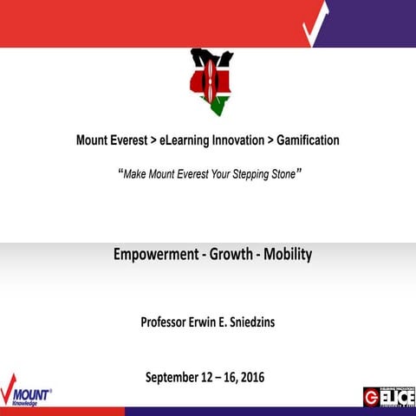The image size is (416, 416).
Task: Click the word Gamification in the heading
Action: tap(308, 140)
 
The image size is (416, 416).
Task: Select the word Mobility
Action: tap(286, 255)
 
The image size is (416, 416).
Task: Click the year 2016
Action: tap(251, 377)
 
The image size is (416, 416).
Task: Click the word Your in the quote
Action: tap(211, 173)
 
